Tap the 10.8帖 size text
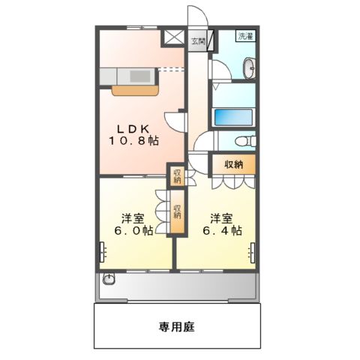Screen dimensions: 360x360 (x=132, y=140)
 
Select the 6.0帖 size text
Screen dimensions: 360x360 (x=132, y=231)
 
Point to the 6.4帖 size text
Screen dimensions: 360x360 (x=220, y=231)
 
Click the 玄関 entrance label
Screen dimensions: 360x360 (x=197, y=40)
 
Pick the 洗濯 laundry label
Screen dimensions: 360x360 (x=245, y=36)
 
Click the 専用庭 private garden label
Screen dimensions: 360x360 (x=177, y=327)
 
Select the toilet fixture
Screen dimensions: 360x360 (x=243, y=142)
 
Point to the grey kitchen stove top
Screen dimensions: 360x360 (x=139, y=75)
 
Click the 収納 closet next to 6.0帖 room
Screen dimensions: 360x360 (x=178, y=212)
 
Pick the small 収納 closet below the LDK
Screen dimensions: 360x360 (x=177, y=176)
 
